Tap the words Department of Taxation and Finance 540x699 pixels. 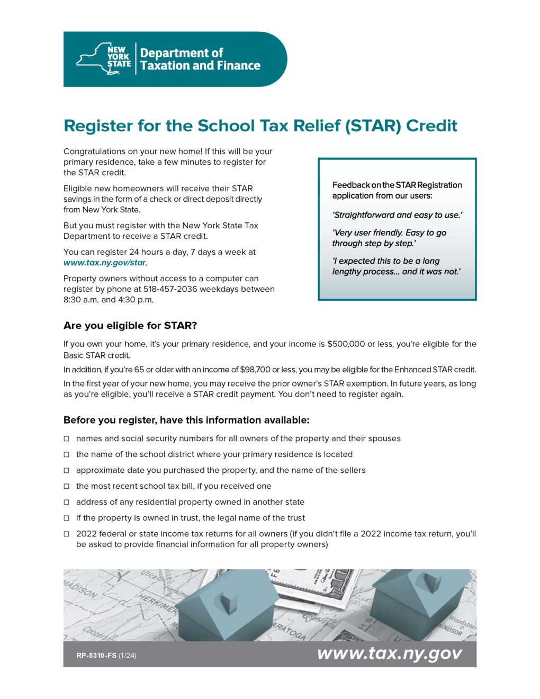pos(200,59)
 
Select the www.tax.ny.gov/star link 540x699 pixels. pos(105,263)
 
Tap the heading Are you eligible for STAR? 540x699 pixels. pos(130,326)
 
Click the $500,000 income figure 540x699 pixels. pos(346,344)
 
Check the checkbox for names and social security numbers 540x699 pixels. pos(67,439)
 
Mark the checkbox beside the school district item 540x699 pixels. pos(67,455)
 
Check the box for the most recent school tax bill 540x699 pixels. pos(67,487)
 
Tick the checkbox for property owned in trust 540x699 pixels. pos(67,518)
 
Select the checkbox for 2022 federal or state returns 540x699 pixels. pos(67,534)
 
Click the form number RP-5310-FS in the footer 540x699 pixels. pos(96,656)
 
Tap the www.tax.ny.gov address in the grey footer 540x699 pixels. pos(389,653)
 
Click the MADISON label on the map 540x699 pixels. pos(80,589)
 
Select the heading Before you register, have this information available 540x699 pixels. pos(186,420)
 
